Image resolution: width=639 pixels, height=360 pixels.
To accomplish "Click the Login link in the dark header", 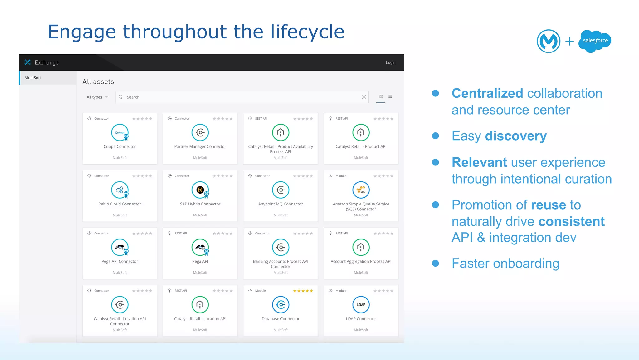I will (x=390, y=63).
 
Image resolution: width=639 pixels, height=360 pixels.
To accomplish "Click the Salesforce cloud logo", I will (x=595, y=41).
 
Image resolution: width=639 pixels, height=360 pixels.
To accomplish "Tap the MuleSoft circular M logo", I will (x=549, y=41).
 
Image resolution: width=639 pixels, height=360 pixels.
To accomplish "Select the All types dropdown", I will (x=97, y=97).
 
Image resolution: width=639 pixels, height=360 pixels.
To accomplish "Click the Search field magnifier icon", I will (x=121, y=97).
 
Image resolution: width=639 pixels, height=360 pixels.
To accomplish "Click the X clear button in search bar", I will (x=363, y=97).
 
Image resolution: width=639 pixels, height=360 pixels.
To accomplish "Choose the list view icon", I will (x=390, y=96).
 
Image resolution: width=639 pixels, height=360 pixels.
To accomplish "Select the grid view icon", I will (x=381, y=96).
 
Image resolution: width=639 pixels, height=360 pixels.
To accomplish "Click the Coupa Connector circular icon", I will (x=120, y=133).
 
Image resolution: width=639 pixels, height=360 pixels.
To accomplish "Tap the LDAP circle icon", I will (x=361, y=305).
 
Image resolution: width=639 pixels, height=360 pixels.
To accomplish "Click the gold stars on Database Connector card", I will (x=303, y=291).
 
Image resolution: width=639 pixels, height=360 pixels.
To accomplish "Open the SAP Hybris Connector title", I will (x=200, y=204).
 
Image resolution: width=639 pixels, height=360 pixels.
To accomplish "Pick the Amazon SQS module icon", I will (x=361, y=190).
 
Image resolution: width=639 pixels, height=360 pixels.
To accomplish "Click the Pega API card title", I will (x=200, y=262).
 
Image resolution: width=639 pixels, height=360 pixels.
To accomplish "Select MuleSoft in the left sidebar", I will (x=33, y=78).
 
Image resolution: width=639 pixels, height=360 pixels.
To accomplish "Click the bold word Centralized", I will (x=487, y=93).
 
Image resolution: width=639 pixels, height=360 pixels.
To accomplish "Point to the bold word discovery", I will (x=516, y=136).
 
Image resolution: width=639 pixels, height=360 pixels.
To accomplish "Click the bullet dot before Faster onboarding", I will (x=435, y=263).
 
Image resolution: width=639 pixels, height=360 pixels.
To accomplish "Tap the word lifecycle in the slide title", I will (x=307, y=32).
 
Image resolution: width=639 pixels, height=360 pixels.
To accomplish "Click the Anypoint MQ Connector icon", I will (x=280, y=190).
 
